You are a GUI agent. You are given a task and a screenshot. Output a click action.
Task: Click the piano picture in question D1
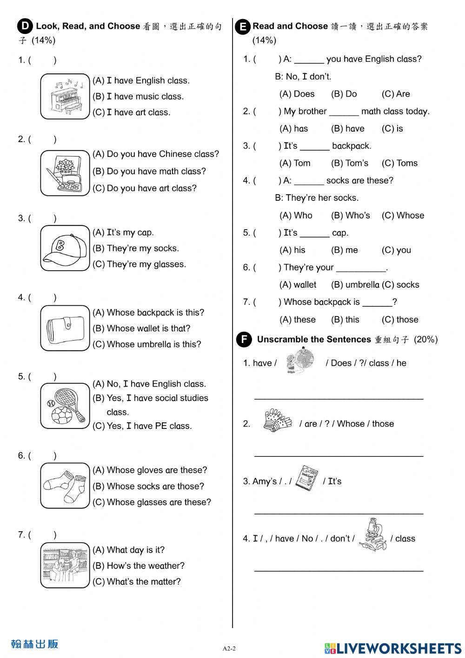(x=65, y=97)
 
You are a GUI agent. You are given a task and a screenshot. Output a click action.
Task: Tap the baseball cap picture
(x=65, y=248)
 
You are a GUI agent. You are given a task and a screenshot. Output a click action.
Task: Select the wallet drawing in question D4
(x=65, y=328)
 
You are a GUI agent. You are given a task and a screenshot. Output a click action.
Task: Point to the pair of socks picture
(x=65, y=486)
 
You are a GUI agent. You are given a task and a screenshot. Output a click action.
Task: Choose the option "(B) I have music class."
(x=138, y=97)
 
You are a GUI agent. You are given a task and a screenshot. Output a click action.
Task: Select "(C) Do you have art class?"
(x=144, y=188)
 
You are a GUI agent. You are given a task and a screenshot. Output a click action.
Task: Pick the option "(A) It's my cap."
(x=123, y=232)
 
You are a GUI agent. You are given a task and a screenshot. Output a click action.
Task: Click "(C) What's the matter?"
(x=136, y=582)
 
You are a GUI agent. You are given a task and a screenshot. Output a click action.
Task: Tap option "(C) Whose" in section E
(x=403, y=216)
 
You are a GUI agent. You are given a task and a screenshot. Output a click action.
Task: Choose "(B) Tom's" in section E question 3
(x=349, y=163)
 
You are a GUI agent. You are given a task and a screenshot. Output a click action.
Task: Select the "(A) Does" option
(x=297, y=94)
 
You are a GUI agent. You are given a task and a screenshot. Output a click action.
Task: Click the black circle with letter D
(x=25, y=26)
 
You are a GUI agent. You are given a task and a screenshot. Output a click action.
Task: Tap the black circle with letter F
(x=243, y=340)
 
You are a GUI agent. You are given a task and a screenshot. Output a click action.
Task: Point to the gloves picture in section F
(x=277, y=421)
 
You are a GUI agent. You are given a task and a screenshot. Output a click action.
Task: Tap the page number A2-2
(x=229, y=649)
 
